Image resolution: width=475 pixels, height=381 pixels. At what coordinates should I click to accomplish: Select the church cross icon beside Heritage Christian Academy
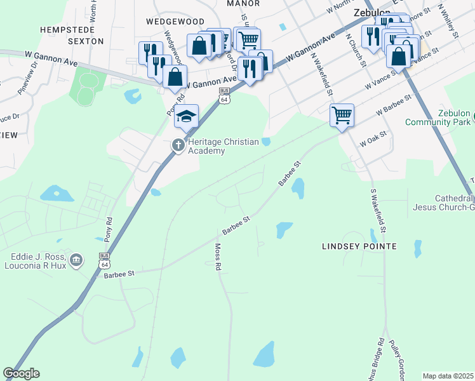(x=178, y=145)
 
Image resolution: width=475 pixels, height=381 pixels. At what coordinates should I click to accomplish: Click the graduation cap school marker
(x=187, y=116)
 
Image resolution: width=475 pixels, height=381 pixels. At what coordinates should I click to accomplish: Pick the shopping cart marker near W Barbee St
(x=342, y=115)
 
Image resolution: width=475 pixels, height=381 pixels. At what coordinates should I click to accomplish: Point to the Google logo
(x=21, y=373)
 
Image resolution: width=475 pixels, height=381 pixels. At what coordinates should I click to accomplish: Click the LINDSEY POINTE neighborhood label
(x=359, y=246)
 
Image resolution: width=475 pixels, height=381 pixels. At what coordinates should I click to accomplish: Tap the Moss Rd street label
(x=218, y=258)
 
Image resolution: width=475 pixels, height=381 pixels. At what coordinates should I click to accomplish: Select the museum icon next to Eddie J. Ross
(x=76, y=260)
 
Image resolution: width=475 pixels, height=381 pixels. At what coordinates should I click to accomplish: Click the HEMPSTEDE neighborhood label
(x=67, y=29)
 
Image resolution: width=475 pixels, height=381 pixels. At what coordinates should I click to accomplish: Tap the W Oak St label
(x=373, y=139)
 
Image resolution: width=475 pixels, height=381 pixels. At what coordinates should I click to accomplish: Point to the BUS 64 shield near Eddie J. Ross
(x=104, y=260)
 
